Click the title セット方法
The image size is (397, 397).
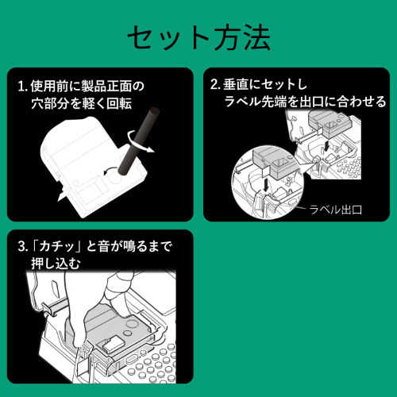click(x=198, y=37)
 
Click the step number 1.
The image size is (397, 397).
click(x=22, y=87)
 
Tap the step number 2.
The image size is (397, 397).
click(x=215, y=84)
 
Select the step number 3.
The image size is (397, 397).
click(x=22, y=246)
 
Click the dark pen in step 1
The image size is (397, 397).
click(x=138, y=141)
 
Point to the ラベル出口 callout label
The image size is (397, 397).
click(x=336, y=210)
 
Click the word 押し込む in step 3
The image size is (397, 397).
click(x=56, y=264)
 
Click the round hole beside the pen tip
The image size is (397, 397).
click(x=115, y=177)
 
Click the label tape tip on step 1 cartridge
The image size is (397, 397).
click(x=62, y=195)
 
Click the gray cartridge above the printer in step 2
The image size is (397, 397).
click(x=330, y=125)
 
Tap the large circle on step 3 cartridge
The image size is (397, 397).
click(x=132, y=324)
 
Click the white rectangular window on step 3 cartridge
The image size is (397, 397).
click(x=114, y=344)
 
